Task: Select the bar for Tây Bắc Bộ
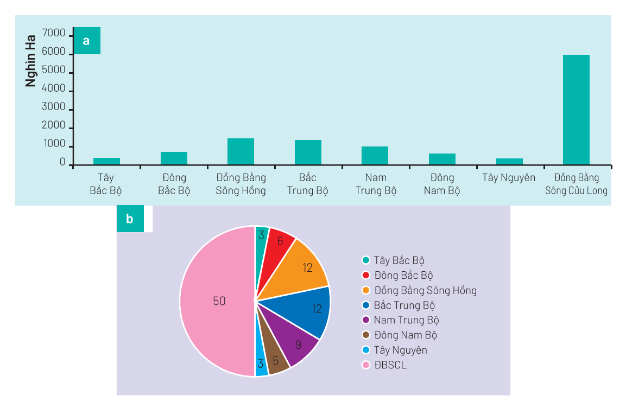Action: pyautogui.click(x=106, y=161)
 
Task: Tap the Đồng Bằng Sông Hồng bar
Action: pyautogui.click(x=241, y=151)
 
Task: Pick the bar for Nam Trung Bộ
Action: pyautogui.click(x=375, y=156)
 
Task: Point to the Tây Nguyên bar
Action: pyautogui.click(x=509, y=162)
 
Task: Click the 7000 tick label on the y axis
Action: pyautogui.click(x=53, y=35)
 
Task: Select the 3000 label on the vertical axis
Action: pyautogui.click(x=53, y=108)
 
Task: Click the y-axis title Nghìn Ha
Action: pyautogui.click(x=30, y=61)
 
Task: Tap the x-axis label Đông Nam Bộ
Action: pyautogui.click(x=442, y=184)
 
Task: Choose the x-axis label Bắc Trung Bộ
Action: pyautogui.click(x=307, y=184)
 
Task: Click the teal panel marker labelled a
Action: pyautogui.click(x=87, y=41)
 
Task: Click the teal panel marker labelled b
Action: pyautogui.click(x=130, y=219)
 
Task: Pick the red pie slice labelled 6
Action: pyautogui.click(x=279, y=243)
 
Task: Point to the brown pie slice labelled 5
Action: pyautogui.click(x=275, y=360)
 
